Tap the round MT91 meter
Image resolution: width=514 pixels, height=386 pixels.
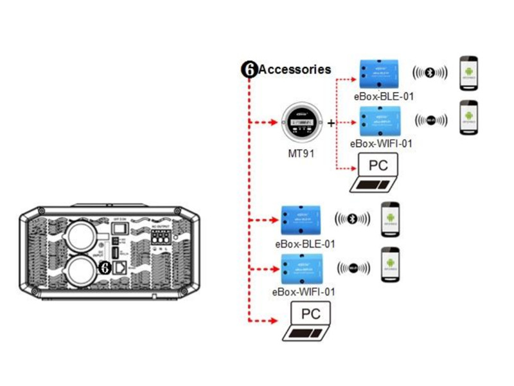(301, 122)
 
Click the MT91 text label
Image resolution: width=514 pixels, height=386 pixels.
(301, 154)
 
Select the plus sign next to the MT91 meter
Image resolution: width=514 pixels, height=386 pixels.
(332, 122)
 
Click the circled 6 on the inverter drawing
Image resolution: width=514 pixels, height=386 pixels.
(105, 268)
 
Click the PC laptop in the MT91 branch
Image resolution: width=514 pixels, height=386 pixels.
(375, 174)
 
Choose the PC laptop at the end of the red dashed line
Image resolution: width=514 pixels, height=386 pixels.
(309, 321)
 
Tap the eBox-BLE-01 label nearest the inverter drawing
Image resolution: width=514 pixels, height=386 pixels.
(305, 244)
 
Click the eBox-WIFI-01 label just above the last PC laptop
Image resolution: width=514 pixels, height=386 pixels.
(305, 291)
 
